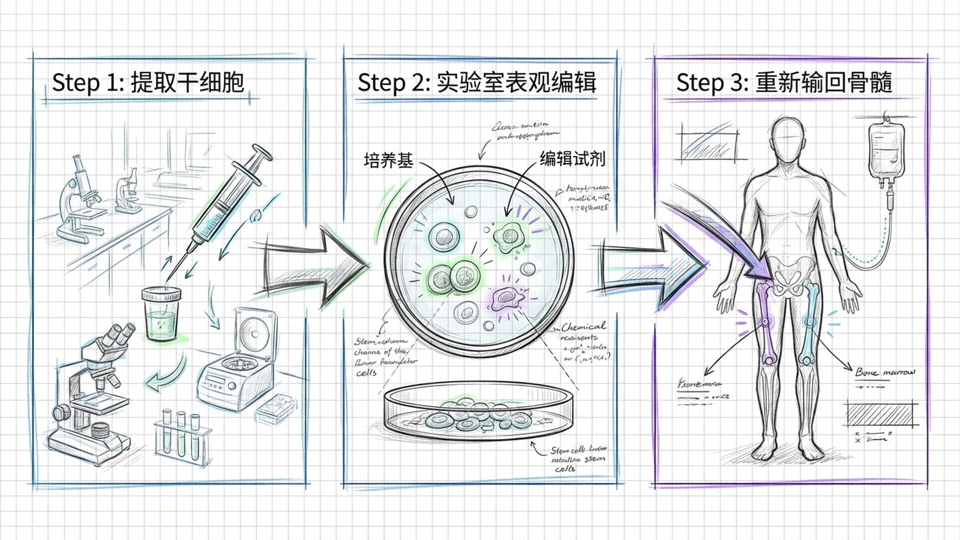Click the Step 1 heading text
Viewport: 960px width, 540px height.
click(148, 82)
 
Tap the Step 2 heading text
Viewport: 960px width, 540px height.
click(476, 82)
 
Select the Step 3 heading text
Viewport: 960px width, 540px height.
click(783, 82)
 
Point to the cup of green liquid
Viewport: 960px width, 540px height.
click(161, 313)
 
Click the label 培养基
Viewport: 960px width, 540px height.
click(388, 160)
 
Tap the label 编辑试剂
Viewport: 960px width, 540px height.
click(572, 159)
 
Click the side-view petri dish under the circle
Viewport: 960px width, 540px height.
click(479, 412)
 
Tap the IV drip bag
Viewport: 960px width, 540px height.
click(885, 152)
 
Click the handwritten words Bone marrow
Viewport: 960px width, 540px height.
click(885, 372)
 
